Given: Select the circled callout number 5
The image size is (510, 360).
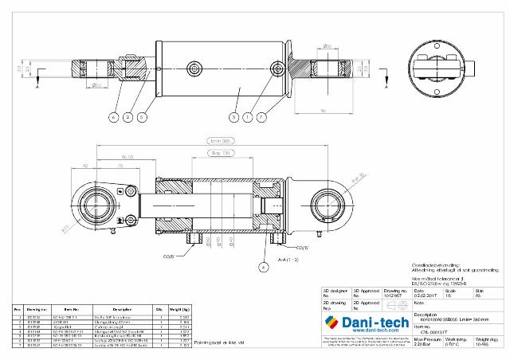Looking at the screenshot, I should [x=141, y=117].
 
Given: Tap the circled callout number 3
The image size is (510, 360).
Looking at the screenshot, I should [x=233, y=117].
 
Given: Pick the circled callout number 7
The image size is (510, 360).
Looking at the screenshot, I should [x=263, y=117].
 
